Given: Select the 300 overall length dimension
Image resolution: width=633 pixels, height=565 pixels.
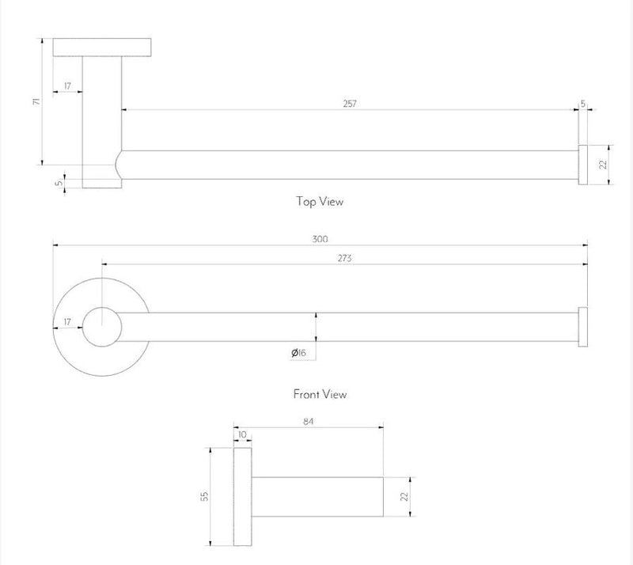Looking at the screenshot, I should (320, 238).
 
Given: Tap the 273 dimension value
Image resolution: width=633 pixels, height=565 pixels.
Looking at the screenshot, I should (344, 258).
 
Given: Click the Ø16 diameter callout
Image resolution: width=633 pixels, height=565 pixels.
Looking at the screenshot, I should (298, 352).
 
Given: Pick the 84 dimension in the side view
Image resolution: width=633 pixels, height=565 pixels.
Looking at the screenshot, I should (309, 422).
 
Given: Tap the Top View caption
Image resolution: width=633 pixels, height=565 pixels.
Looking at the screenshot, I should (320, 202).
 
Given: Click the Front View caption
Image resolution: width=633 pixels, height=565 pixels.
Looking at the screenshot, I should (320, 393).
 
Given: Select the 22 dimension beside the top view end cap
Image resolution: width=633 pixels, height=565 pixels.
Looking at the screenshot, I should (603, 165).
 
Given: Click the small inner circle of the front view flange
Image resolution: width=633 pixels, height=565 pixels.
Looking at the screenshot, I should (101, 327).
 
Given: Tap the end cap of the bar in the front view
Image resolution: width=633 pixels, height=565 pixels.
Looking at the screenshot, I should (582, 326).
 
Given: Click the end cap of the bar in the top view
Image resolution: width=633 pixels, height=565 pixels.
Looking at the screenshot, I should (582, 165).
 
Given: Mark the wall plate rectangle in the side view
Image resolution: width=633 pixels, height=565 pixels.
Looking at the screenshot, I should (241, 495).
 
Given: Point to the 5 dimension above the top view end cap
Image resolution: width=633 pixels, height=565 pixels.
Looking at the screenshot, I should (583, 104).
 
